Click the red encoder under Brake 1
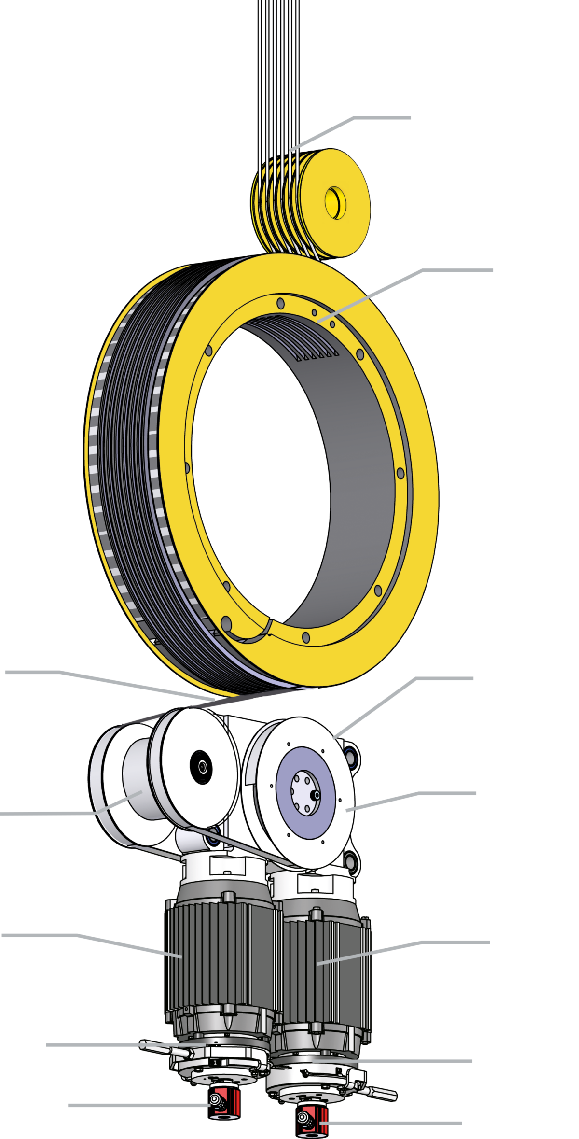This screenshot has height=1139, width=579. click(x=224, y=1101)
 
